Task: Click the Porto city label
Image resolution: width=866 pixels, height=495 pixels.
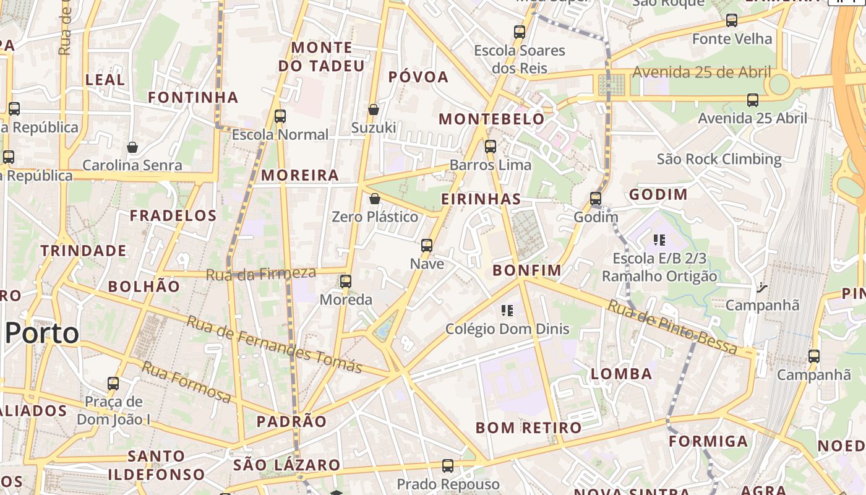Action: click(x=42, y=334)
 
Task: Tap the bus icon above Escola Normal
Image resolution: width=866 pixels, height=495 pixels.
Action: click(x=280, y=116)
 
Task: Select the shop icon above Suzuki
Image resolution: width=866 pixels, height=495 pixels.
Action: click(x=374, y=110)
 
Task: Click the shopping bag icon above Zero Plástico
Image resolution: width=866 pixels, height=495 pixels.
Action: click(x=374, y=199)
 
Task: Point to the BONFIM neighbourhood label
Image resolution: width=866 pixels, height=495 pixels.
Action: click(x=527, y=270)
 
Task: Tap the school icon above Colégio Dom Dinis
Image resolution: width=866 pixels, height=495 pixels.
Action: click(x=507, y=310)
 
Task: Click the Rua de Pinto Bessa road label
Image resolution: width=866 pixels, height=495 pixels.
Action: click(x=672, y=326)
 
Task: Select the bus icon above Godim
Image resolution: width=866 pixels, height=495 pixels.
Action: click(x=596, y=199)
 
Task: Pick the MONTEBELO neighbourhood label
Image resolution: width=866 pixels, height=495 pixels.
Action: click(x=492, y=119)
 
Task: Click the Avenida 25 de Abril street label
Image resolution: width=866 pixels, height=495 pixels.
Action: click(x=701, y=72)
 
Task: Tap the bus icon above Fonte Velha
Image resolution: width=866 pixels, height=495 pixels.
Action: click(x=732, y=20)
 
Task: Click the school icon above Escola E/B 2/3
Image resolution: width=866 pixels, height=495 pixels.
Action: click(x=659, y=239)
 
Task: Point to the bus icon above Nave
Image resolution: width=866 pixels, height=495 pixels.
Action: click(x=427, y=245)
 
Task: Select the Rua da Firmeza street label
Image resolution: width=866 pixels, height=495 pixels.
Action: click(x=260, y=273)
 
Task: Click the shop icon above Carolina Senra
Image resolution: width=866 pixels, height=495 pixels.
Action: click(x=132, y=147)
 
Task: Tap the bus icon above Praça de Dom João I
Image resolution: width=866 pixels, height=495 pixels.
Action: click(x=113, y=383)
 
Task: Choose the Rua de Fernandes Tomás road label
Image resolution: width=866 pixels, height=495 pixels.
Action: click(x=274, y=344)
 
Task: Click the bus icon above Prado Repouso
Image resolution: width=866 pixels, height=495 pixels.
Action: click(x=448, y=465)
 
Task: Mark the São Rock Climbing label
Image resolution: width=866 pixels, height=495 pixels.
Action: click(x=719, y=159)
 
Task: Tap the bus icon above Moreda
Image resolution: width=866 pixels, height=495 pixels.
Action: click(x=346, y=282)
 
